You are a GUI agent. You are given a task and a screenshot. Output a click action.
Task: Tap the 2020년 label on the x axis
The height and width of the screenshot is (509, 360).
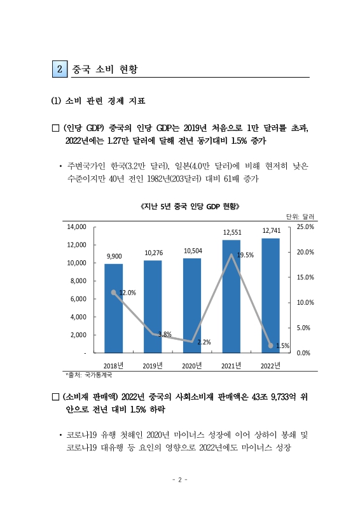tap(192, 365)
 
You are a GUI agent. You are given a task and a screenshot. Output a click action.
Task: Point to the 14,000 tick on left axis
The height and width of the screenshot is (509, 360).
tap(77, 227)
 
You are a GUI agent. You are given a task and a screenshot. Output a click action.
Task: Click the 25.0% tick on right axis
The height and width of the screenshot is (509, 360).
tap(306, 227)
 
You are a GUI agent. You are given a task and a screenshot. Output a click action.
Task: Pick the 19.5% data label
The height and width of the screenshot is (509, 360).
tap(246, 255)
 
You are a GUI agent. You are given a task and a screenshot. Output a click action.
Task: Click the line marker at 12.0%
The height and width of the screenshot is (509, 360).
tap(114, 293)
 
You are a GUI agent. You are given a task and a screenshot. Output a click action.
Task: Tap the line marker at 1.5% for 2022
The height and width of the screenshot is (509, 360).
tap(270, 345)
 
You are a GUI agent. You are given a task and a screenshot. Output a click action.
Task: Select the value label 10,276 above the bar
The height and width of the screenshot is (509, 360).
tap(153, 253)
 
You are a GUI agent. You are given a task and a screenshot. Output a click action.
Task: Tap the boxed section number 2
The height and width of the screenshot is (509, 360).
tap(60, 68)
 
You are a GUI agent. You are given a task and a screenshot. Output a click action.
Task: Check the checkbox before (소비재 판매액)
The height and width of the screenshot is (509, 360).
tap(55, 397)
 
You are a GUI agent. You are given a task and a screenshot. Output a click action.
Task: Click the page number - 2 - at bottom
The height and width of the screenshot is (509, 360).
tap(180, 480)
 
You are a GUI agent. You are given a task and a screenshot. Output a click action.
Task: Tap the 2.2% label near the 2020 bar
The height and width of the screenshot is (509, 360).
tap(204, 342)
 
